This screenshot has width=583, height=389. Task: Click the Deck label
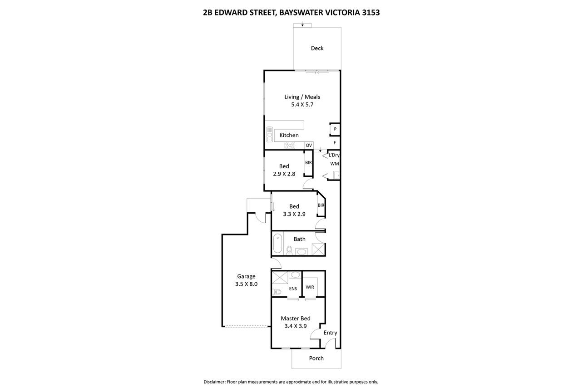(317, 48)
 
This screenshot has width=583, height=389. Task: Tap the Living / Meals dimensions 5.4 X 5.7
(302, 105)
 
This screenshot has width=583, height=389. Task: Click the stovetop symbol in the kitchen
(290, 145)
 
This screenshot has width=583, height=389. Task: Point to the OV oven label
(309, 145)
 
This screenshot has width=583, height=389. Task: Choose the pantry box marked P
(335, 129)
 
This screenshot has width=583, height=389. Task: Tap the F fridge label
(335, 143)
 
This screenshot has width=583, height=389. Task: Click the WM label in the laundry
(335, 164)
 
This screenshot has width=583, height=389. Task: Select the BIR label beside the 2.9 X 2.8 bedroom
(308, 163)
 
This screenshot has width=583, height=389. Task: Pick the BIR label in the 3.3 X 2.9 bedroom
(321, 205)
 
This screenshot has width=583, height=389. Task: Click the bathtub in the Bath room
(277, 244)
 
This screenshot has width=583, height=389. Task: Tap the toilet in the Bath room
(289, 250)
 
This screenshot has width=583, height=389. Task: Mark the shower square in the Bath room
(318, 249)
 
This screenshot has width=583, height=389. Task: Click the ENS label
(293, 289)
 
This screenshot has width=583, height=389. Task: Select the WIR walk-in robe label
(310, 287)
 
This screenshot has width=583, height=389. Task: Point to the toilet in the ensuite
(277, 292)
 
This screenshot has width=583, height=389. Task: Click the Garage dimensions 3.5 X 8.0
(246, 284)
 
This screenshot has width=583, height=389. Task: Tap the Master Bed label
(296, 319)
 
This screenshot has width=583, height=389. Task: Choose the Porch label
(316, 358)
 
